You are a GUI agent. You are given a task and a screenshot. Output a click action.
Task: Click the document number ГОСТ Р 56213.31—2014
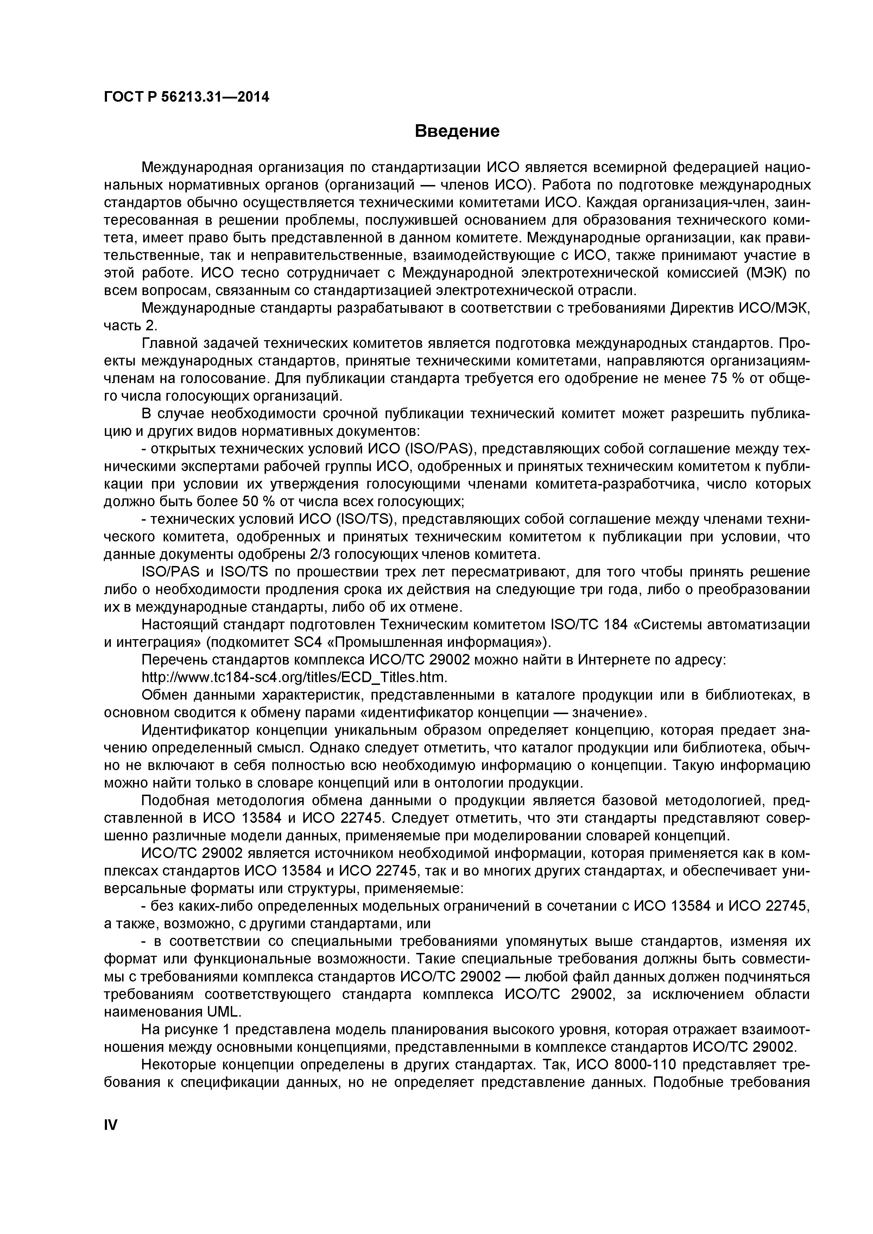pyautogui.click(x=186, y=97)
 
